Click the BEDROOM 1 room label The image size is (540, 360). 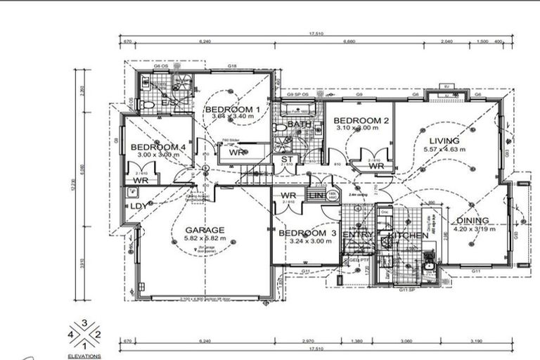232,110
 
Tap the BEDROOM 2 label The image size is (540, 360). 361,120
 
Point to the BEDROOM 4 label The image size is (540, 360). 158,147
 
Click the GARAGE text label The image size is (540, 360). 205,230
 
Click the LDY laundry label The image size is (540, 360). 139,206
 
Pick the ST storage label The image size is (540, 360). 286,160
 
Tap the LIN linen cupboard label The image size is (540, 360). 316,195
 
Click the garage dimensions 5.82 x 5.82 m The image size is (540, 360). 205,239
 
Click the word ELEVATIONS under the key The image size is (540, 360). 84,356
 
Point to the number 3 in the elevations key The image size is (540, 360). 84,323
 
